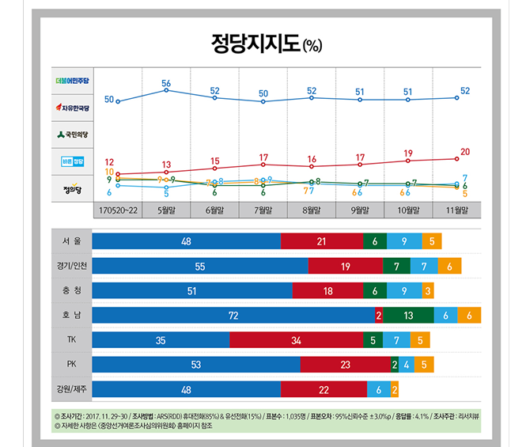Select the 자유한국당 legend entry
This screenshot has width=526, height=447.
coord(74,107)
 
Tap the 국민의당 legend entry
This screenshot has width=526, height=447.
coord(74,134)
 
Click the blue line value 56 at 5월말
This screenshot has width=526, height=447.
coord(166,83)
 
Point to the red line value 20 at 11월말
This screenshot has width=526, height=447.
coord(465,151)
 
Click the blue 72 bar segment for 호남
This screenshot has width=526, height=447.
coord(233,315)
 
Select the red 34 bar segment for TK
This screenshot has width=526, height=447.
coord(296,339)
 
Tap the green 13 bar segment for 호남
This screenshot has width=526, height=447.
coord(407,315)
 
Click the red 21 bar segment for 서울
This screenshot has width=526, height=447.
coord(321,241)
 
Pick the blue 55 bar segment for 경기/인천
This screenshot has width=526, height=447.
coord(200,266)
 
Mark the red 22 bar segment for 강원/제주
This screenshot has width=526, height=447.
coord(324,388)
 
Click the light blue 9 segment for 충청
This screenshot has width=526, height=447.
coord(404,290)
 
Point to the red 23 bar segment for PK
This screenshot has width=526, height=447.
coord(344,364)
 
